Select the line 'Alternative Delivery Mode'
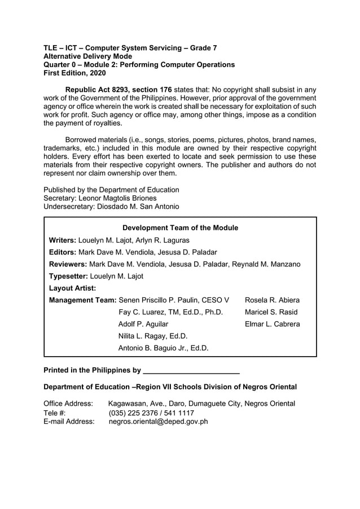[x=88, y=56]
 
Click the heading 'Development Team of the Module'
[x=180, y=228]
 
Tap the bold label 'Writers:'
[x=63, y=240]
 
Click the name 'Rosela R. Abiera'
[x=272, y=300]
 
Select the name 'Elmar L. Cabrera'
[x=272, y=324]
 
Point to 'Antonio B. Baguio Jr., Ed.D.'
[x=163, y=348]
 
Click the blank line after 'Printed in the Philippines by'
[x=192, y=371]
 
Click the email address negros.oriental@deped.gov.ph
[x=159, y=421]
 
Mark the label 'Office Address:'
[x=68, y=403]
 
